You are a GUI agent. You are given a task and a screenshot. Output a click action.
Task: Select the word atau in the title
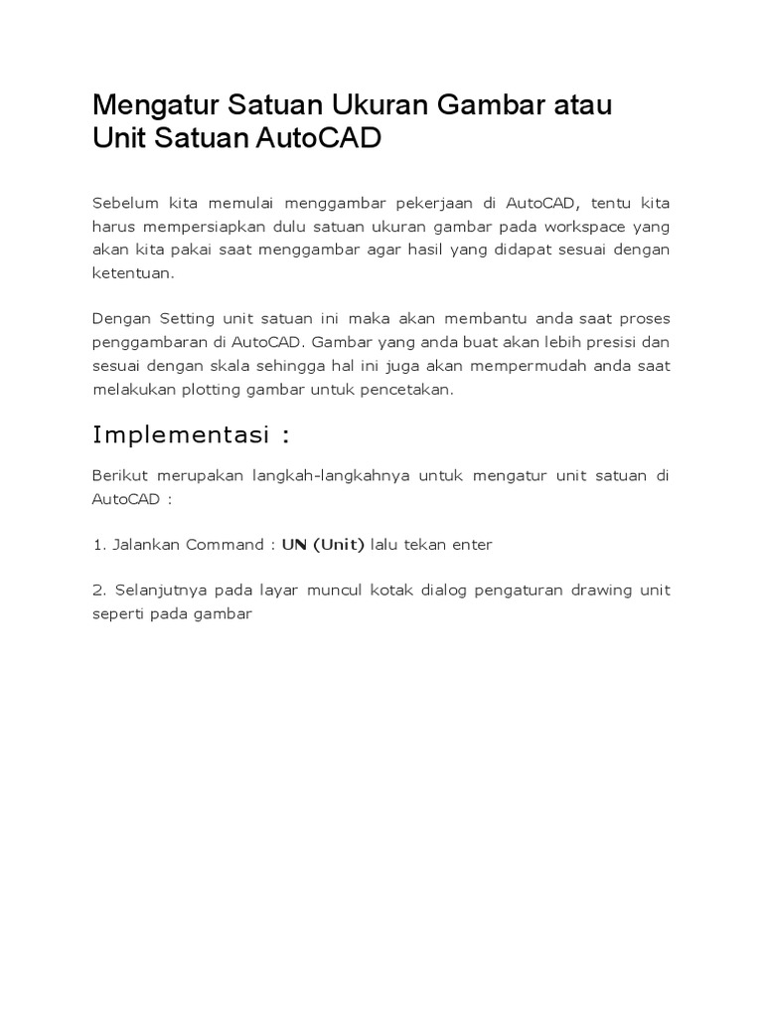[x=582, y=105]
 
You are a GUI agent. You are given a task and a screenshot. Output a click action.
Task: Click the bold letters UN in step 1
[x=293, y=545]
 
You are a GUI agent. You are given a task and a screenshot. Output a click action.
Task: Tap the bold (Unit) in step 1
[x=339, y=545]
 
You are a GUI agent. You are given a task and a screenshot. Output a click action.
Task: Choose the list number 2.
[x=97, y=591]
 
